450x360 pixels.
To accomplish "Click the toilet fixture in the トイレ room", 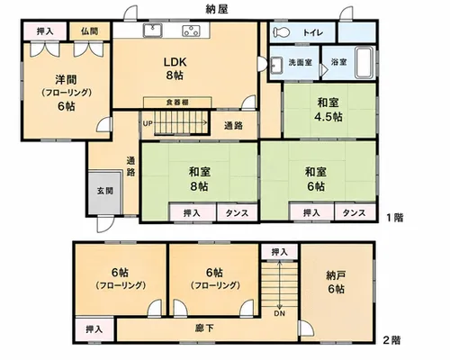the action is pos(281,31).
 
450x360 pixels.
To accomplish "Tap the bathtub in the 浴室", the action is pos(364,63).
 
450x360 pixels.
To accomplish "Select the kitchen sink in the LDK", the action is pos(152,31).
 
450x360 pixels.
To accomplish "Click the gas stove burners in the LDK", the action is pos(192,31).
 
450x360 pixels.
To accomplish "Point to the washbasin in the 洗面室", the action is pos(276,65).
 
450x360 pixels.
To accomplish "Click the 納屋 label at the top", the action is pos(217,9).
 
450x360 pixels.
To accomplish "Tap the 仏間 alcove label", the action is pos(89,31).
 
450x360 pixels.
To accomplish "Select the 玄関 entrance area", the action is pos(105,192).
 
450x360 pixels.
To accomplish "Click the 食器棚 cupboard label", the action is pos(177,103).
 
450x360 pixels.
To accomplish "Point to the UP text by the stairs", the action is pos(148,123).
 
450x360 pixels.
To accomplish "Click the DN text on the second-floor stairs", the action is pos(279,314).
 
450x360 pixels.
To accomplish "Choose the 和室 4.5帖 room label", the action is pos(328,109).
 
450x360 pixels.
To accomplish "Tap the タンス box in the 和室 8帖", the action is pos(237,213).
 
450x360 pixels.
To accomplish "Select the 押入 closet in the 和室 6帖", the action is pos(311,212).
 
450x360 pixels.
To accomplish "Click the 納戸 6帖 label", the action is pos(336,282).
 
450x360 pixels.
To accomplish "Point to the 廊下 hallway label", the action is pos(204,328).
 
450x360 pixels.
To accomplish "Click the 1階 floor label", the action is pos(394,218).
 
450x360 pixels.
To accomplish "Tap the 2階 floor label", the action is pos(391,340).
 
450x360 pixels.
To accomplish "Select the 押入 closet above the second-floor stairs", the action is pos(280,252).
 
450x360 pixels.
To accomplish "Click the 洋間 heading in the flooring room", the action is pos(66,79).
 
